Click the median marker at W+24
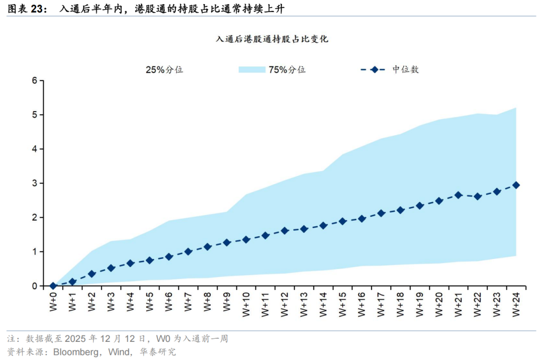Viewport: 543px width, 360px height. click(516, 185)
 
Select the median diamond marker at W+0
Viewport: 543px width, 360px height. click(53, 286)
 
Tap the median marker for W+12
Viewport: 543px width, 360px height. click(285, 230)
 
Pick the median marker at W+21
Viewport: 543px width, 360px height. click(458, 195)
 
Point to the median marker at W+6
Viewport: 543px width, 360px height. click(169, 256)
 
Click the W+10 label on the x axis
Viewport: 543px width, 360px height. click(246, 304)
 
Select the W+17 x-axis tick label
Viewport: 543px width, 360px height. click(381, 304)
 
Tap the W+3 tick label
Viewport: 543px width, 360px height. click(111, 302)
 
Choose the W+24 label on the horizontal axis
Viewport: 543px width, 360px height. click(516, 304)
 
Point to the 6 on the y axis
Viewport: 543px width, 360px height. click(35, 80)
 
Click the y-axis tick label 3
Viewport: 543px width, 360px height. click(35, 183)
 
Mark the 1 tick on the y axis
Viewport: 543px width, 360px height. click(35, 251)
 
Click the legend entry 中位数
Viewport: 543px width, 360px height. click(405, 70)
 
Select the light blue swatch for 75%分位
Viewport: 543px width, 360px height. click(251, 70)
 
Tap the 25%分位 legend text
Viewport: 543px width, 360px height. click(164, 70)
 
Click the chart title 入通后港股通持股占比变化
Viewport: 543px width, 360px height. click(271, 39)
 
